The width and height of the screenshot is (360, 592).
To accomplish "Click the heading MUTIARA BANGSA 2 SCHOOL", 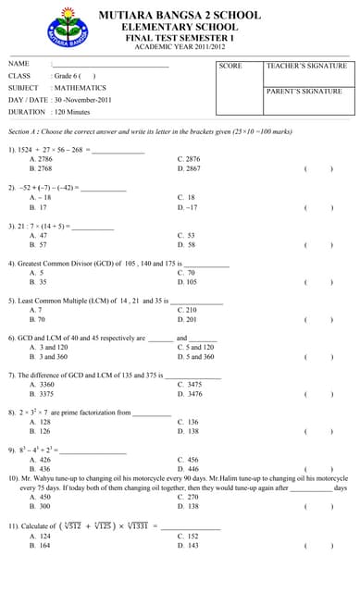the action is (x=180, y=15).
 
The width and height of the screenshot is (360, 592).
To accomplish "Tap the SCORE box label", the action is (x=230, y=67).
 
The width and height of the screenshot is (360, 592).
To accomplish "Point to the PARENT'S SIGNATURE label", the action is (x=304, y=92).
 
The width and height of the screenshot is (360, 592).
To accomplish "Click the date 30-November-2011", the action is (x=82, y=99).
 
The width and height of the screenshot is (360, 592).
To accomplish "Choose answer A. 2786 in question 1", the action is (x=41, y=159).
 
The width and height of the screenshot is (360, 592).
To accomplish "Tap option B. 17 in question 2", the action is (x=39, y=207).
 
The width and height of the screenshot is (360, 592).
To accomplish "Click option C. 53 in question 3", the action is (x=186, y=236).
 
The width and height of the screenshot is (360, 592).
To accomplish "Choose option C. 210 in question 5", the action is (x=187, y=310).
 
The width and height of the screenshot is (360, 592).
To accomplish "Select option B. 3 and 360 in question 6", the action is (x=48, y=356).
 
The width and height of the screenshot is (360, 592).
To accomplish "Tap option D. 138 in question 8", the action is (x=188, y=431).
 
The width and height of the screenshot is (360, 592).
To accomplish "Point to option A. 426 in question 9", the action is (x=40, y=459).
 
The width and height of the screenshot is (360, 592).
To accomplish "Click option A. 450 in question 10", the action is (x=40, y=497).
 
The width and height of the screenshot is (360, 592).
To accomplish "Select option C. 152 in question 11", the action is (x=188, y=536).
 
